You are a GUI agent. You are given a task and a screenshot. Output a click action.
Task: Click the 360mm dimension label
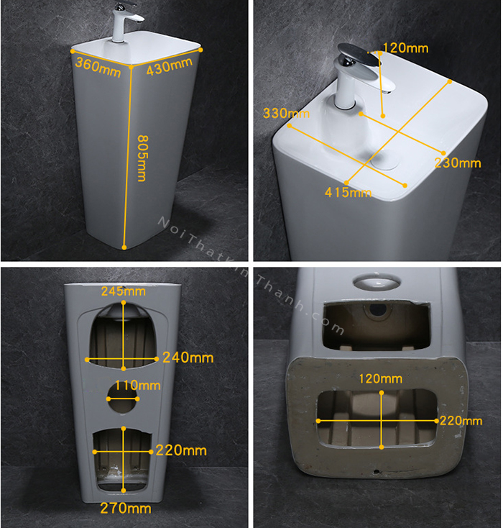point(98,67)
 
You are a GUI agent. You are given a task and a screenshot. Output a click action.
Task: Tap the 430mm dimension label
point(170,65)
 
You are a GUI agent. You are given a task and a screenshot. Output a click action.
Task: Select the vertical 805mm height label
point(142,158)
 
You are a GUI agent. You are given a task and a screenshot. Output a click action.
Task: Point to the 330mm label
point(286,113)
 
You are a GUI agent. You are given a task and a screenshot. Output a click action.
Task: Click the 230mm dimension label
point(458,163)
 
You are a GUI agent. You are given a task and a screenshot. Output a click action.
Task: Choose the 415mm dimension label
point(349,192)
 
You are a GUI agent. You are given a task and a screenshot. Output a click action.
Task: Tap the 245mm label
point(124,291)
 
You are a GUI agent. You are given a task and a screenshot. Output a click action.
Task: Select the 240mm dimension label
point(188,358)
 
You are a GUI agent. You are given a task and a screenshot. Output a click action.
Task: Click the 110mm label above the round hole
point(138,386)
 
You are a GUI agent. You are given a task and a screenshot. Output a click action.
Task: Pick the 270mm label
point(126,508)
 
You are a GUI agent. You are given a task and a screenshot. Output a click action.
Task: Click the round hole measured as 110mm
point(121,399)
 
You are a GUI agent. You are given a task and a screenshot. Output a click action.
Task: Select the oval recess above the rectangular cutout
point(377,282)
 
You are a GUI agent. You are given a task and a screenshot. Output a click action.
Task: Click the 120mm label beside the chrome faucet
point(405,48)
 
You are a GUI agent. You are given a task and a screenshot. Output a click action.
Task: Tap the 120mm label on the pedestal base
point(381,379)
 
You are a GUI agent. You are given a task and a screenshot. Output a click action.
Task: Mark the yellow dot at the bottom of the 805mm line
point(124,247)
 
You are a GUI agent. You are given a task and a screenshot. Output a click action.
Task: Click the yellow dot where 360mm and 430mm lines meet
point(131,68)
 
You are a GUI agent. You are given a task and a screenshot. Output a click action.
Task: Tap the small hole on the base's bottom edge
point(377,471)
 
